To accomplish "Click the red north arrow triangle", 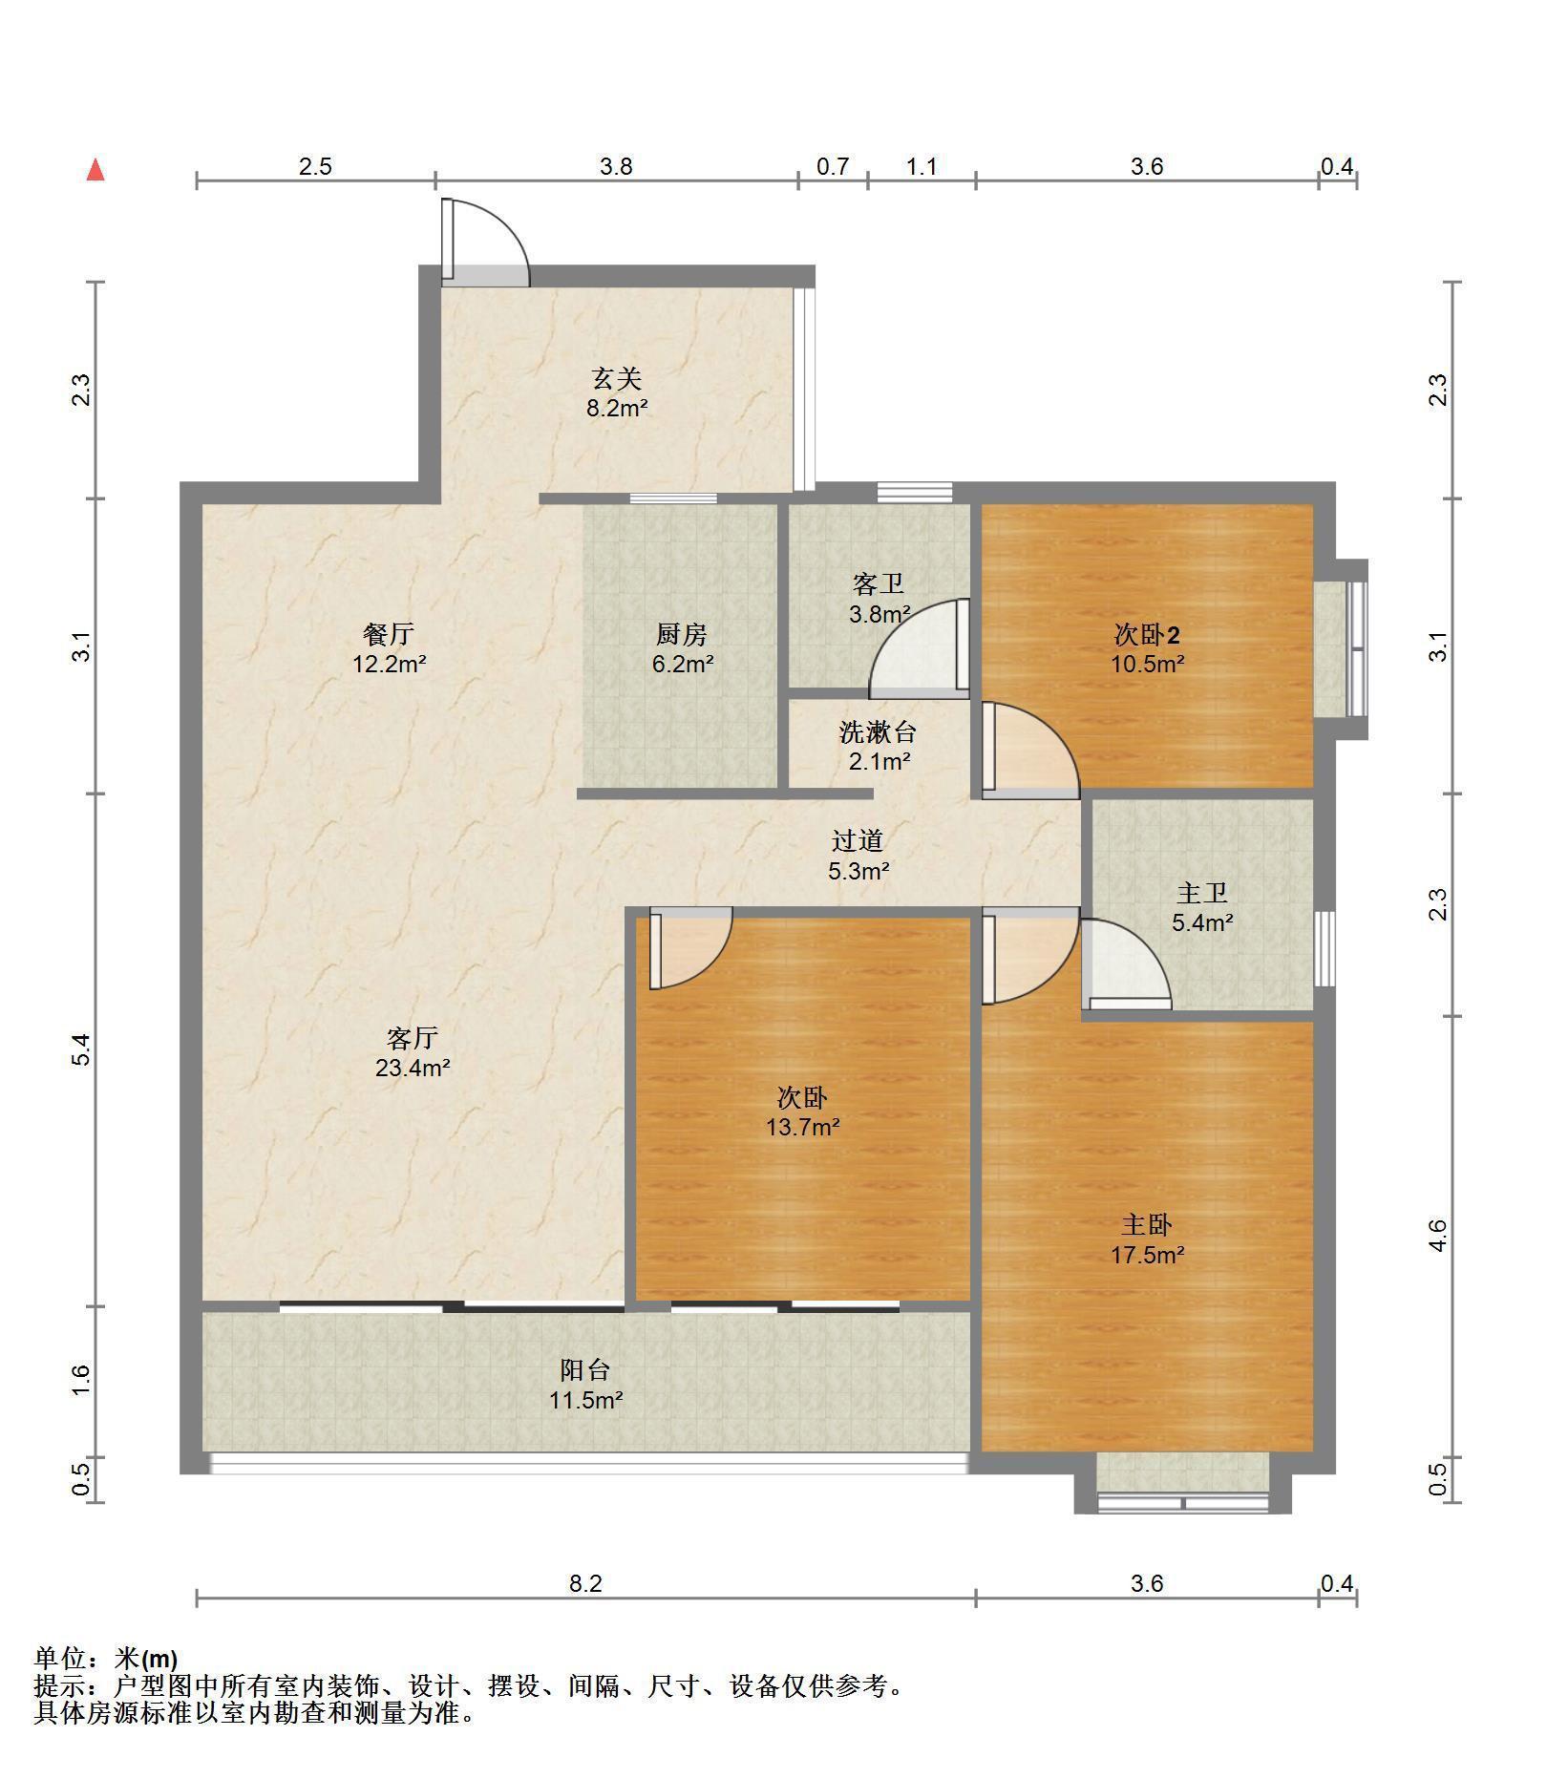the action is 95,171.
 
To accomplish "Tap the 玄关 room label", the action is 616,379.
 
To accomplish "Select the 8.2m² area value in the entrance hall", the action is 617,409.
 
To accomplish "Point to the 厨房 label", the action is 682,634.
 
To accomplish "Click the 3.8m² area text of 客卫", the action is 879,614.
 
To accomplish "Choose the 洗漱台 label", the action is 878,732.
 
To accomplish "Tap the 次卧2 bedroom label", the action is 1147,634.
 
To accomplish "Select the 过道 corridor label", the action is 858,840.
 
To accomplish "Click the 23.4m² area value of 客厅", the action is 413,1068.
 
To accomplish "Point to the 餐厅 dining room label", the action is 389,634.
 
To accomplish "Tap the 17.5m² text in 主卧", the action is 1147,1255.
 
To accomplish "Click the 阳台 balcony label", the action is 585,1370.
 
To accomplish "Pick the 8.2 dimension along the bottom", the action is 585,1583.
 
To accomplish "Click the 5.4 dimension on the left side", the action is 82,1049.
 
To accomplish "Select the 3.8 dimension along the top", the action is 616,166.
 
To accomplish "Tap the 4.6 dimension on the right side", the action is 1438,1236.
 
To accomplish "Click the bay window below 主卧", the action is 1183,1483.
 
